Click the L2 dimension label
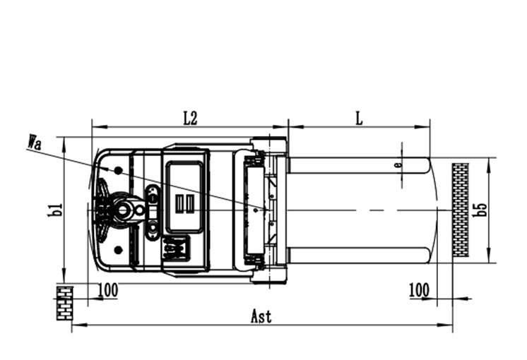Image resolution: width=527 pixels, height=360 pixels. (190, 119)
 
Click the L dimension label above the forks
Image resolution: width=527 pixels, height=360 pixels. (360, 119)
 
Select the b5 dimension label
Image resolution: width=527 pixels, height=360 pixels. (480, 210)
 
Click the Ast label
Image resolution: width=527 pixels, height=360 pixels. (261, 317)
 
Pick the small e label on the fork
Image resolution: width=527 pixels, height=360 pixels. (398, 165)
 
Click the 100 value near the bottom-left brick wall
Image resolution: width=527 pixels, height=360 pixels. (108, 290)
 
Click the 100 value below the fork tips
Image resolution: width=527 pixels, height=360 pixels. (419, 290)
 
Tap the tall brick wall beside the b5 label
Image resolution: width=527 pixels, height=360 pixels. (461, 210)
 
